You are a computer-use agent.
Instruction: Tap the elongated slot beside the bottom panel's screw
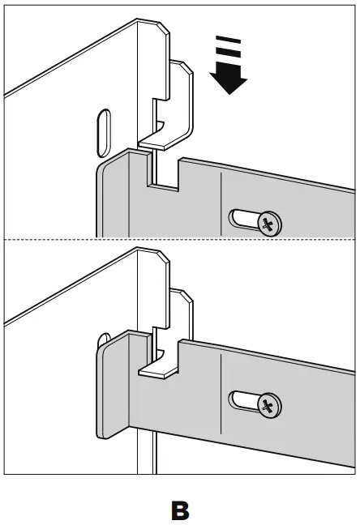click(x=243, y=400)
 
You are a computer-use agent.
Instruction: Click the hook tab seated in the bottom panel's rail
click(x=159, y=369)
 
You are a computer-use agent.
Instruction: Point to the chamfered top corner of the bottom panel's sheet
click(x=163, y=259)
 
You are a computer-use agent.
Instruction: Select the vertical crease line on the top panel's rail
click(x=221, y=203)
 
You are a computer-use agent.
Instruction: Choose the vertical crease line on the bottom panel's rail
click(x=221, y=389)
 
